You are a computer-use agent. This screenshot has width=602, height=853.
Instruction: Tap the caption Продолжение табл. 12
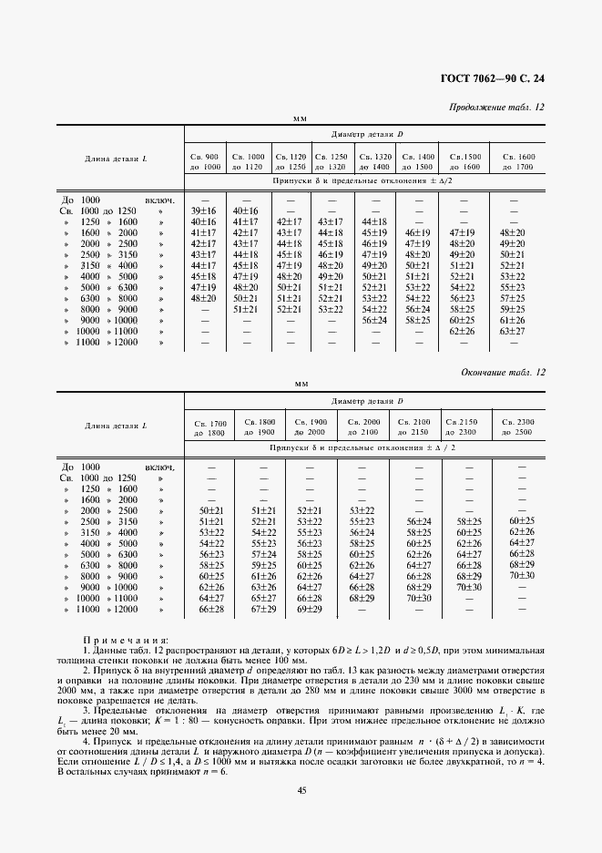[x=498, y=108]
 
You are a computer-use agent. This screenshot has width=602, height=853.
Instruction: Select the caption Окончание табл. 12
[x=502, y=374]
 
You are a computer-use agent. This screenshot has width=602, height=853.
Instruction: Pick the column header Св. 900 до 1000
[x=205, y=162]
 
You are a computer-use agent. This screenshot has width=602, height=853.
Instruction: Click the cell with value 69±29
[x=310, y=609]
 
